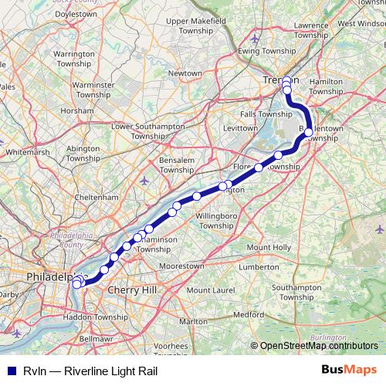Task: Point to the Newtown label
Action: point(185,73)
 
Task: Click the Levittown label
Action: point(239,127)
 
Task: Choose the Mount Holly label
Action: point(268,247)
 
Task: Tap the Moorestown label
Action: point(181,265)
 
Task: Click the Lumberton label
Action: point(258,266)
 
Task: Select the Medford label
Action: point(248,315)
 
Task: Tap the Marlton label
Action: point(193,320)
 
